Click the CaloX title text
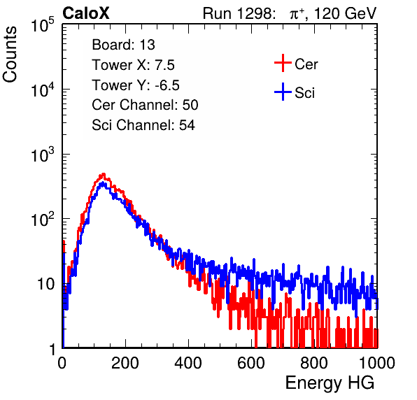tap(85, 13)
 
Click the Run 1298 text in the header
tap(238, 13)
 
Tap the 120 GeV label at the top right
tap(345, 13)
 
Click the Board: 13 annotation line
tap(123, 45)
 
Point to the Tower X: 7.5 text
tap(133, 65)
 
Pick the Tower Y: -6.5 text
tap(136, 85)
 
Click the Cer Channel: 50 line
tap(145, 105)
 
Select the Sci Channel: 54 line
tap(143, 125)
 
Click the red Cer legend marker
tap(283, 63)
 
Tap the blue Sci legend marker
tap(283, 92)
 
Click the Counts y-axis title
tap(10, 55)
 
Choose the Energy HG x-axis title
tap(330, 383)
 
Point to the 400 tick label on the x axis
tap(188, 363)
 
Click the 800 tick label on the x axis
tap(314, 363)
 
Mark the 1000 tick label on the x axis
tap(377, 363)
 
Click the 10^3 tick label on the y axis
tap(43, 154)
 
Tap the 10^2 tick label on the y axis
tap(43, 219)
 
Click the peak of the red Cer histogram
tap(103, 174)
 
